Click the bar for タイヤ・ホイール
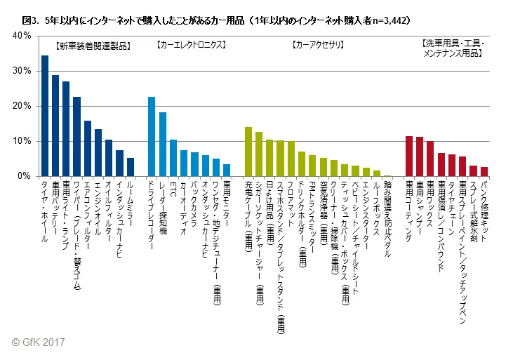pyautogui.click(x=45, y=116)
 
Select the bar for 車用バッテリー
pyautogui.click(x=55, y=126)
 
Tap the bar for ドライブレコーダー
pyautogui.click(x=152, y=137)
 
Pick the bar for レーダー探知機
pyautogui.click(x=163, y=145)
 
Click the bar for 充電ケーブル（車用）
pyautogui.click(x=248, y=152)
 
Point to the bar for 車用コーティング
pyautogui.click(x=409, y=156)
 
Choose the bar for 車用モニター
pyautogui.click(x=227, y=170)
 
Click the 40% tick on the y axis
pyautogui.click(x=21, y=36)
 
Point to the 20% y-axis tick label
pyautogui.click(x=21, y=106)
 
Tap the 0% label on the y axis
pyautogui.click(x=24, y=176)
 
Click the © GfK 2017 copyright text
pyautogui.click(x=39, y=342)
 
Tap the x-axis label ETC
pyautogui.click(x=173, y=188)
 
